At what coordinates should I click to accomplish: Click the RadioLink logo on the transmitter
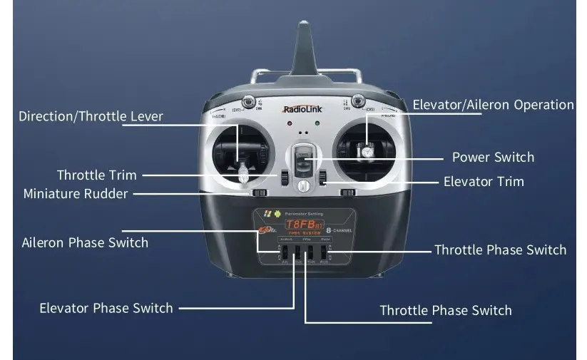(x=302, y=110)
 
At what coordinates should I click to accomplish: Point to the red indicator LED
(x=290, y=123)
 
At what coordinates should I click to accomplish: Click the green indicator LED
(x=316, y=123)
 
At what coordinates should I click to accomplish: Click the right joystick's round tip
(x=367, y=150)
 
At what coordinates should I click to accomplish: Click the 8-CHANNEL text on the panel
(x=341, y=230)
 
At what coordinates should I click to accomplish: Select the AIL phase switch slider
(x=283, y=252)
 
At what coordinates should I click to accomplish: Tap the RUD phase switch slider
(x=323, y=252)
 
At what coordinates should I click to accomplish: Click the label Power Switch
(x=493, y=158)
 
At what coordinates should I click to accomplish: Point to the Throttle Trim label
(x=96, y=175)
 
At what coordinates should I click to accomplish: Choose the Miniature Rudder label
(x=76, y=194)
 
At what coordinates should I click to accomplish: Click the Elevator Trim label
(x=484, y=182)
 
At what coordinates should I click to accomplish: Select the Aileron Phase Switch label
(x=85, y=242)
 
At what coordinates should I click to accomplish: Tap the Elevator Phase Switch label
(x=106, y=308)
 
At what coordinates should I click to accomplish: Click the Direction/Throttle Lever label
(x=91, y=116)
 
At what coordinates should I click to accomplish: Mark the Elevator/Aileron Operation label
(x=493, y=105)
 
